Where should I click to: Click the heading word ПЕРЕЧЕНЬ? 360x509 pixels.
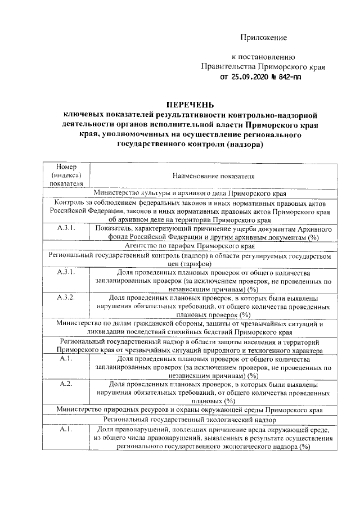[x=190, y=105]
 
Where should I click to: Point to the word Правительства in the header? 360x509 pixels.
[x=227, y=66]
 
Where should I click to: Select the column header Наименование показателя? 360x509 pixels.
[x=214, y=175]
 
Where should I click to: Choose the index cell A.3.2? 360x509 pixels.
[x=66, y=297]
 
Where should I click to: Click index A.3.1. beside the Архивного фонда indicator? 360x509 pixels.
[x=66, y=229]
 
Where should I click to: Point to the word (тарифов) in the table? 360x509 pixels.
[x=196, y=263]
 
